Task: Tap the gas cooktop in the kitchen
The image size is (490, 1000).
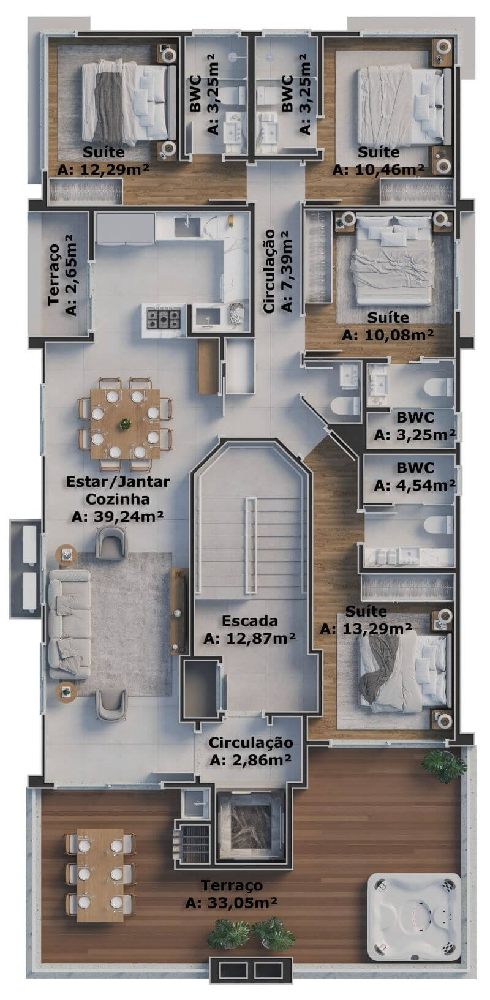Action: coord(164,318)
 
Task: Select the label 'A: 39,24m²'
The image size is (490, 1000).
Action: coord(118,516)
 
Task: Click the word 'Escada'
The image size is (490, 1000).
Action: coord(250,620)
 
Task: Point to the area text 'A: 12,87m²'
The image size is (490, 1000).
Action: coord(250,638)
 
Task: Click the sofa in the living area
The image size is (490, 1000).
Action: coord(70,623)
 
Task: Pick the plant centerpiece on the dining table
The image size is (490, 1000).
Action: coord(124,424)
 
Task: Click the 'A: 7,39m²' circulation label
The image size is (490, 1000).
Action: coord(286,271)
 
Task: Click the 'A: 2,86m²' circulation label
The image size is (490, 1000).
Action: coord(251,760)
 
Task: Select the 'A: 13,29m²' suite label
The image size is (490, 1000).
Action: coord(366,628)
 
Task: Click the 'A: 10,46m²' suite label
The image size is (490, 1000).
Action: coord(379,170)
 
